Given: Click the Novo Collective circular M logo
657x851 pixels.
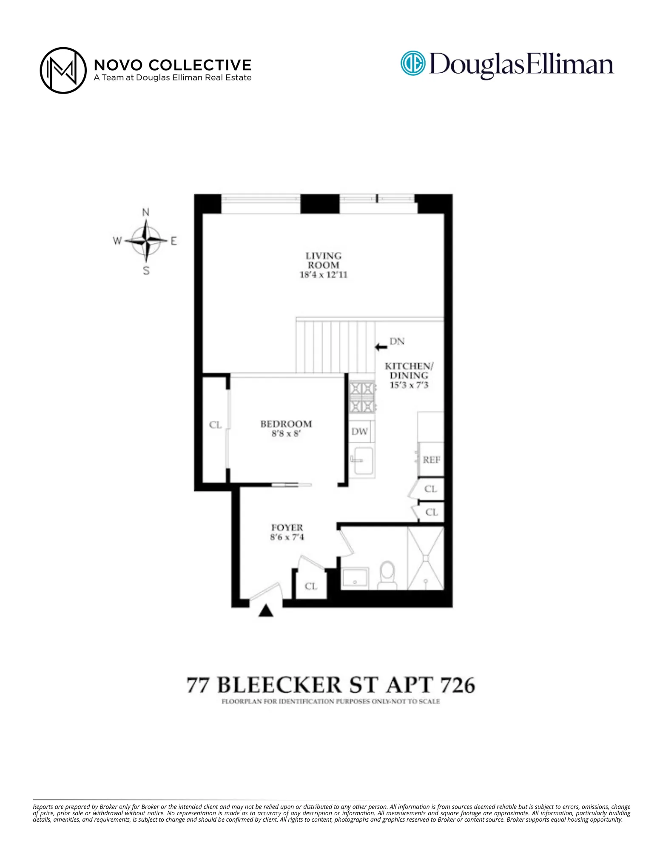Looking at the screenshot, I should point(63,70).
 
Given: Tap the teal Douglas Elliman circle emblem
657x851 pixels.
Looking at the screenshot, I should point(412,63).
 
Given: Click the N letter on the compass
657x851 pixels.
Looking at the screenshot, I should point(145,212).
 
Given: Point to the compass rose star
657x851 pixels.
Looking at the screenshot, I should point(146,241).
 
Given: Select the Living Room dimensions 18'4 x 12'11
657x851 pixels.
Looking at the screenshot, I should point(323,274).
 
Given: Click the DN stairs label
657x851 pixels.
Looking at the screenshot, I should point(397,341).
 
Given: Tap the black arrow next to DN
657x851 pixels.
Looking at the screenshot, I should point(381,347).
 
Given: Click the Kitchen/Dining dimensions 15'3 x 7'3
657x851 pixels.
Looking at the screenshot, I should point(409,385).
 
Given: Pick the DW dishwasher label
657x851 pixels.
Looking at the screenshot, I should point(359,431).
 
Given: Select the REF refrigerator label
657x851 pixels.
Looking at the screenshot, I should point(431,460).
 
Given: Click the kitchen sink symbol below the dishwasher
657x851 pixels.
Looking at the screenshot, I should point(362,460).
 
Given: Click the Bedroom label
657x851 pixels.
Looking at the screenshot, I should point(286,424).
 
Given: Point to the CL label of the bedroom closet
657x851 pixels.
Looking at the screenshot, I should point(215,425).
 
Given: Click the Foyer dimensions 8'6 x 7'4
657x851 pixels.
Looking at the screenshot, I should point(287,537).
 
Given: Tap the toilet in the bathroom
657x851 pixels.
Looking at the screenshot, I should point(387,574).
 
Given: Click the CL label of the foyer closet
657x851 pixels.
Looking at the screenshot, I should point(311,586).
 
